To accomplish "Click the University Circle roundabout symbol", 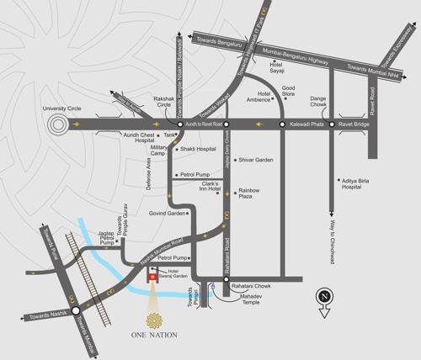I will tap(58, 125).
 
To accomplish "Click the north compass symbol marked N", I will tap(323, 297).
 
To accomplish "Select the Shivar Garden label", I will tap(256, 160).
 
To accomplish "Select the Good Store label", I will tap(288, 91).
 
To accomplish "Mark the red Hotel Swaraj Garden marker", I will tap(152, 277).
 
